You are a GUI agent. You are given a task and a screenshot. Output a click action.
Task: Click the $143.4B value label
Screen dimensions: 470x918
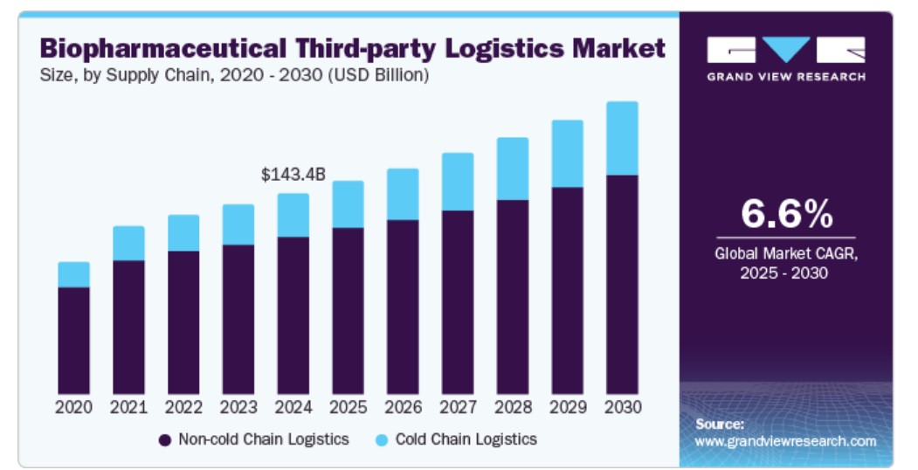[x=293, y=175]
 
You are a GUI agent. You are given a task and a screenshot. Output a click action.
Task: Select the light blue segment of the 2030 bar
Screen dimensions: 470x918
[x=622, y=138]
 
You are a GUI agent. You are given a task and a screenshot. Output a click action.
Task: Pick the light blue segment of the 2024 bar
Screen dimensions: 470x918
[x=293, y=215]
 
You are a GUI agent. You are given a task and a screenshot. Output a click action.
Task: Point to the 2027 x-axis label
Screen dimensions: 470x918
[x=458, y=407]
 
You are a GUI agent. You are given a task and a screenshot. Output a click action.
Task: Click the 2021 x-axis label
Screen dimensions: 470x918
[x=128, y=407]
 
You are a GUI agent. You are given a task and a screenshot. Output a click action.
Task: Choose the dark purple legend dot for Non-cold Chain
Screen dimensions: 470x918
[x=164, y=439]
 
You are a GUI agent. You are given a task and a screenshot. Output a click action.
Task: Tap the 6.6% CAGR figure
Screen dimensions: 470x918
[x=786, y=213]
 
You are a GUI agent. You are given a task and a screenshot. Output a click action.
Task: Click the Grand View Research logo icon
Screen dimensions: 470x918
[x=786, y=50]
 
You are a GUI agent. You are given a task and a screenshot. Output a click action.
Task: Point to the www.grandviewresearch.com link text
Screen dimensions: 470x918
[x=785, y=441]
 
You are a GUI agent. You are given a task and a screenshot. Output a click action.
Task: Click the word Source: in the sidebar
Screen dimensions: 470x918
[x=720, y=424]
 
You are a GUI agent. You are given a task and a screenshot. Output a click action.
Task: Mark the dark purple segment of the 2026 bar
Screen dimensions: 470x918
[x=403, y=306]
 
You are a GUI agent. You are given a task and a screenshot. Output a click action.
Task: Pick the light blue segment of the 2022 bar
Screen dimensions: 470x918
[x=183, y=232]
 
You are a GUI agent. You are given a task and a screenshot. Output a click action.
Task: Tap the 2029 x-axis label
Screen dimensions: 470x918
[x=568, y=407]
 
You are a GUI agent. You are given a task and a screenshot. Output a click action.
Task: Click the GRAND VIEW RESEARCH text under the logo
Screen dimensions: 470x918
[x=786, y=77]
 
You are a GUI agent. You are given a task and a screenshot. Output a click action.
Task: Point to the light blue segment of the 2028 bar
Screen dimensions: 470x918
[x=513, y=169]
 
